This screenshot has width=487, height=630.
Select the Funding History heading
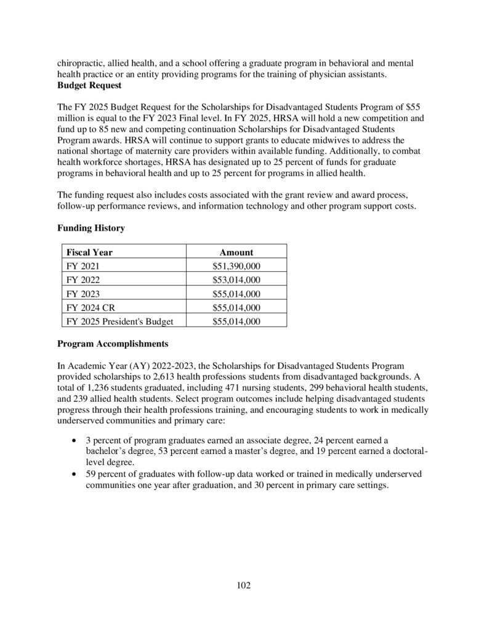(91, 228)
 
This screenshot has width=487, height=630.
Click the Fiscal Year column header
(90, 252)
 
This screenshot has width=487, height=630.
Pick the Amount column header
(236, 252)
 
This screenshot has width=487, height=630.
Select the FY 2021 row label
(82, 266)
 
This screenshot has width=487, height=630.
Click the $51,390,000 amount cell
(236, 266)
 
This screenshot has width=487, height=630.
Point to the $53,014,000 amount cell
(236, 280)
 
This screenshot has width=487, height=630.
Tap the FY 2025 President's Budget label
(118, 321)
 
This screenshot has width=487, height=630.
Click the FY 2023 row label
(82, 293)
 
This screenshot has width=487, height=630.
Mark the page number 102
(244, 585)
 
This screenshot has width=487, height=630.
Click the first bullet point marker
(74, 441)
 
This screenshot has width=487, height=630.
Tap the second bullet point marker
(74, 474)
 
